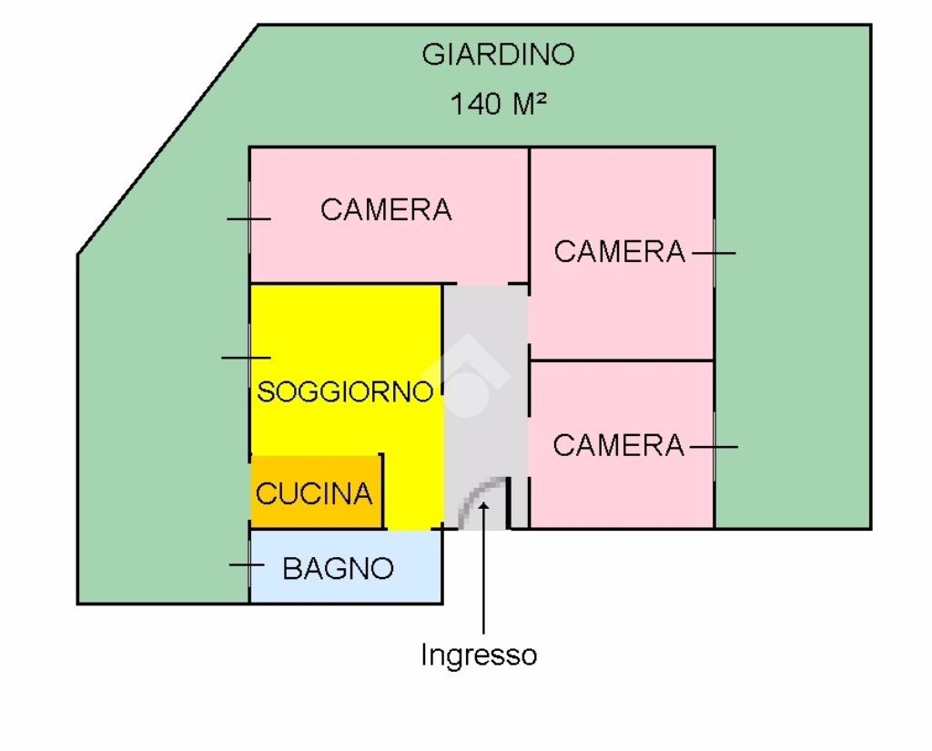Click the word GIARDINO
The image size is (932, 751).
(498, 55)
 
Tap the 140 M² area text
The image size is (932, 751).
(499, 104)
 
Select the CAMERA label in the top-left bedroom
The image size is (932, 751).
(386, 210)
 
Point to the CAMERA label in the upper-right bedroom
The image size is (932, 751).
(619, 252)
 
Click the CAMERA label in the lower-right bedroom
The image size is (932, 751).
(618, 446)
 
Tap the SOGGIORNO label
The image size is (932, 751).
(345, 392)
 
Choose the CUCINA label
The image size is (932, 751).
(314, 493)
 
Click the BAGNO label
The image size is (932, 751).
(339, 569)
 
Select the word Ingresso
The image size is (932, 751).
(479, 655)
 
